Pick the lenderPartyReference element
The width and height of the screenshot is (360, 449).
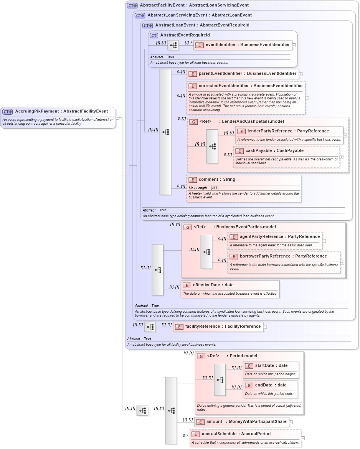(x=288, y=131)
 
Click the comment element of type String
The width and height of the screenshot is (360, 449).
(x=216, y=180)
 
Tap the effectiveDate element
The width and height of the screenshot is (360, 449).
(x=213, y=285)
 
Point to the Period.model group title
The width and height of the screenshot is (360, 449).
(x=243, y=356)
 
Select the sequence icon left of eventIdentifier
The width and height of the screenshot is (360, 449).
(x=173, y=45)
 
